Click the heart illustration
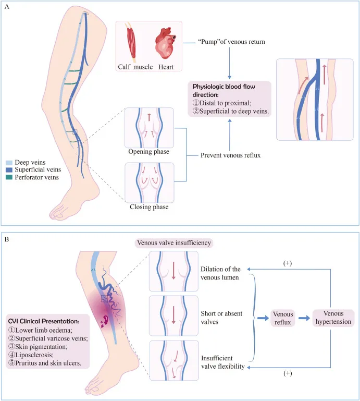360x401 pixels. click(x=167, y=44)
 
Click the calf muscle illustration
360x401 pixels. click(x=133, y=43)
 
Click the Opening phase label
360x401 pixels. click(x=142, y=151)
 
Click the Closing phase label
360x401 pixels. click(x=142, y=207)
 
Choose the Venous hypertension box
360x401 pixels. click(x=333, y=318)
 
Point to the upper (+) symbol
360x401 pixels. click(x=287, y=263)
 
